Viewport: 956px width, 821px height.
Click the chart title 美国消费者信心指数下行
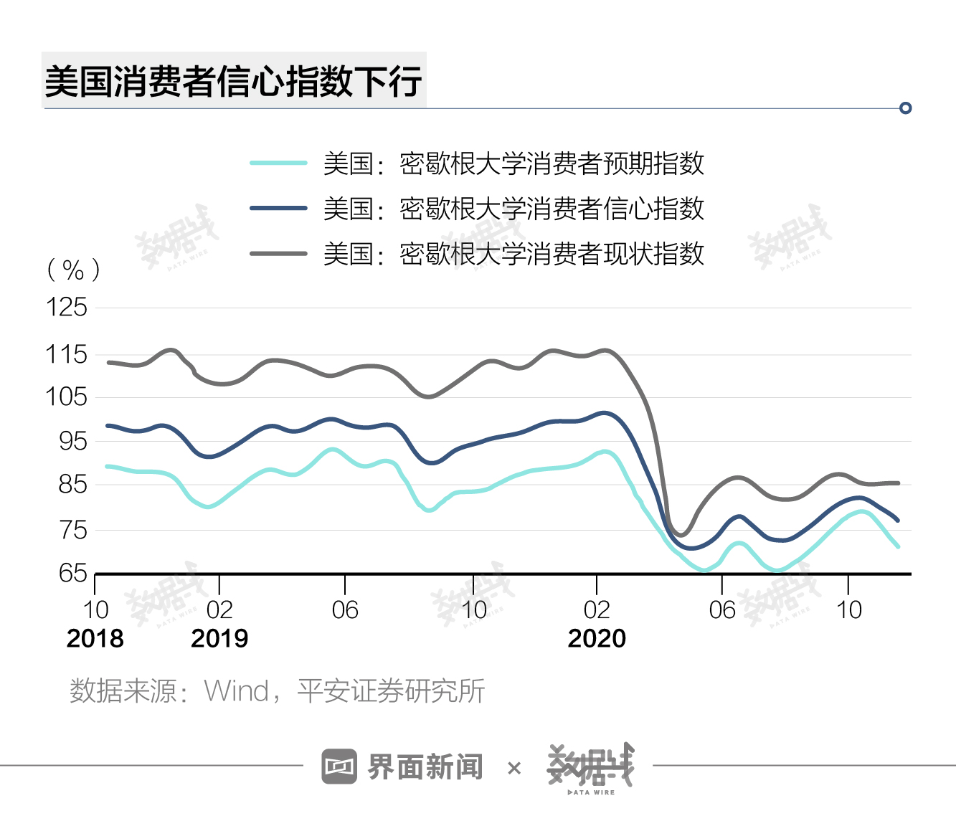[x=233, y=80]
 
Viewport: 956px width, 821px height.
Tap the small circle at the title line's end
[x=905, y=108]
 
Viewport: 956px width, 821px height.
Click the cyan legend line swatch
[x=278, y=163]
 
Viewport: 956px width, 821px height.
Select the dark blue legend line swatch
[x=278, y=208]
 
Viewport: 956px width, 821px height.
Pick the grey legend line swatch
[x=278, y=253]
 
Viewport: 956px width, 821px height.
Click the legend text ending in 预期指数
[x=513, y=163]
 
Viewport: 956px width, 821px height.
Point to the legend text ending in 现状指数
[x=513, y=253]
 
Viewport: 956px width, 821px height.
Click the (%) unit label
[x=73, y=270]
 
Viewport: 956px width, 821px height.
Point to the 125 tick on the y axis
[x=66, y=308]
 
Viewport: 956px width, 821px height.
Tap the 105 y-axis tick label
[x=66, y=397]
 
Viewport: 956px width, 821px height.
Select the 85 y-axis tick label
[x=72, y=485]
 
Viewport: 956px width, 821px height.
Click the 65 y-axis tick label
[x=72, y=573]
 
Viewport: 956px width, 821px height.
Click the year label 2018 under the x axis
[x=95, y=638]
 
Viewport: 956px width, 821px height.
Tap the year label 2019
[x=219, y=638]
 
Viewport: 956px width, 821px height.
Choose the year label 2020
[x=597, y=638]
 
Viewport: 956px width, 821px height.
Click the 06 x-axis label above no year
[x=344, y=610]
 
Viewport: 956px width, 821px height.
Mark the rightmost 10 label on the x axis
[x=848, y=610]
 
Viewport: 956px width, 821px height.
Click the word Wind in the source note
[x=236, y=691]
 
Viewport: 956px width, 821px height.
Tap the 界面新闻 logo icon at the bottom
[x=339, y=767]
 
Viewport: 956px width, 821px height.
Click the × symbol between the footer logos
[x=514, y=769]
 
